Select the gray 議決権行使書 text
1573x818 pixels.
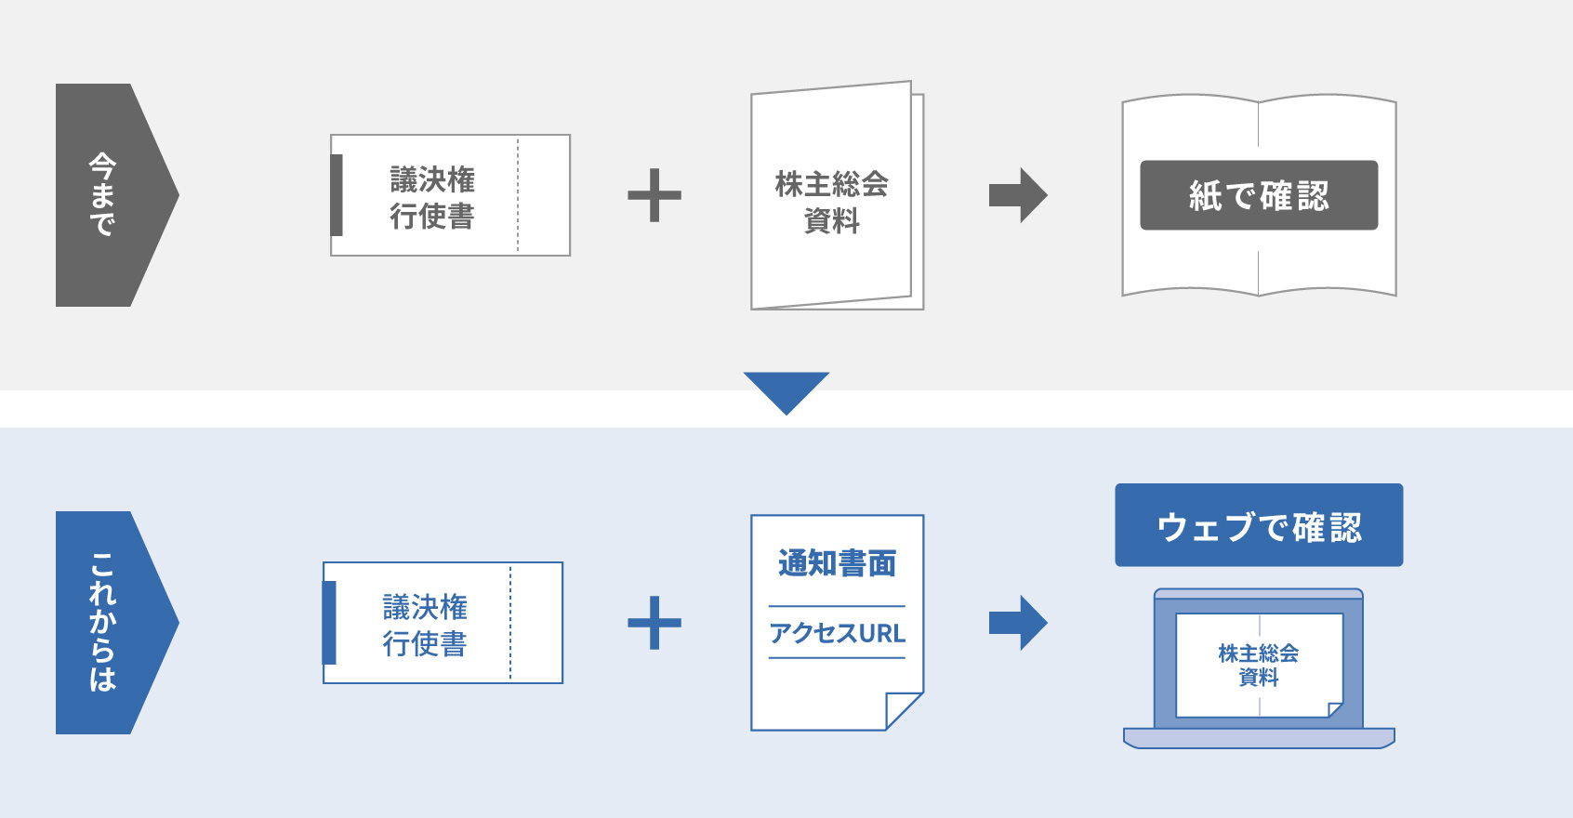432,197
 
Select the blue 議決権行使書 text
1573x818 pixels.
425,625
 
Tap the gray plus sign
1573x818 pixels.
654,195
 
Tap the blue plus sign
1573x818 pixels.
654,623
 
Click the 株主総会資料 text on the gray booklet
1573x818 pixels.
832,202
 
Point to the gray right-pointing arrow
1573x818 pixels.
1018,195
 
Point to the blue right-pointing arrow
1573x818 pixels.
1018,623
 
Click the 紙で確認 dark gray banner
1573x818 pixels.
1259,195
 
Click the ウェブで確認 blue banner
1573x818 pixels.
1259,525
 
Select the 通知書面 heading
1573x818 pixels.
837,563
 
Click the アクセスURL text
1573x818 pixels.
837,633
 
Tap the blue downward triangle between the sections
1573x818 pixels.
786,389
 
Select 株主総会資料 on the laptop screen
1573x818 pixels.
1259,665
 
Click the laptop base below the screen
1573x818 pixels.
1259,738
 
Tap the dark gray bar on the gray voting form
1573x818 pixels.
337,195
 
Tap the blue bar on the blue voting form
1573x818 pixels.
329,623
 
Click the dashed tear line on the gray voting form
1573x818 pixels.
518,195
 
